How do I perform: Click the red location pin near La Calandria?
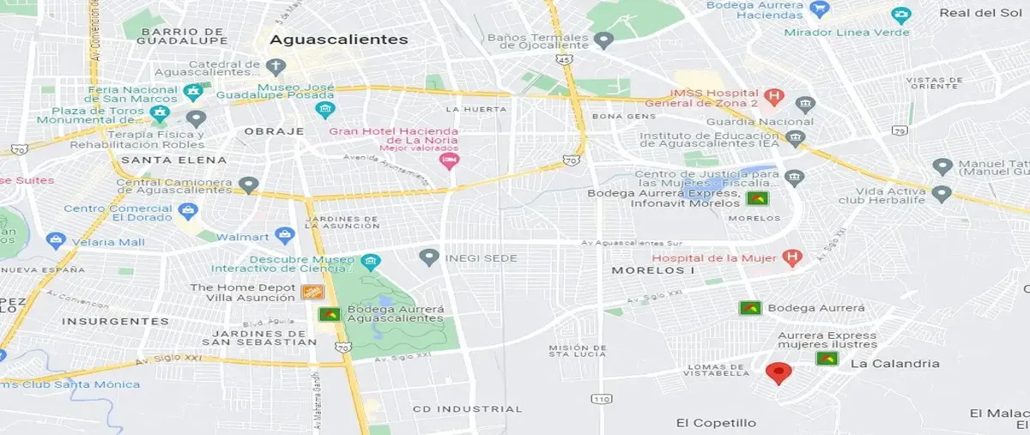pos(779,372)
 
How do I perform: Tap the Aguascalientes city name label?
pos(339,39)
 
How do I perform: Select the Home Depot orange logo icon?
pos(312,293)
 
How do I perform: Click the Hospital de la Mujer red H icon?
pos(793,257)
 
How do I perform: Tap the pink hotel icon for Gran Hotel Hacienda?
pos(448,161)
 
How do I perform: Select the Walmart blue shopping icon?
pos(286,235)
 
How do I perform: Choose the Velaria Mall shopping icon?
pos(57,241)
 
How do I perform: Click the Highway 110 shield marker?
pos(601,399)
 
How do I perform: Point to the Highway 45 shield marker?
pos(563,59)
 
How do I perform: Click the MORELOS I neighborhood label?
pos(652,270)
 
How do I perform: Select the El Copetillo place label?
pos(716,423)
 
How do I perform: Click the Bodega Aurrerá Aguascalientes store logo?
pos(329,314)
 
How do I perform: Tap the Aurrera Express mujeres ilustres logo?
pos(827,358)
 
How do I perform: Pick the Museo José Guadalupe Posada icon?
pos(324,109)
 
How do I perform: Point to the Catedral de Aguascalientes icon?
pos(276,66)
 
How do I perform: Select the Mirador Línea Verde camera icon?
pos(900,15)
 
